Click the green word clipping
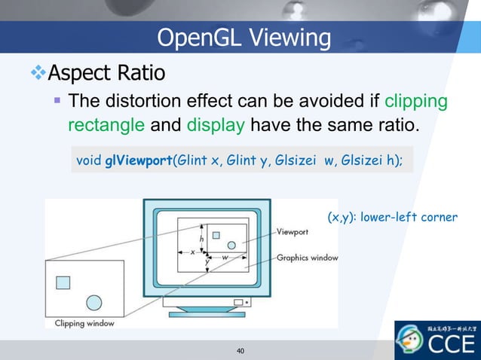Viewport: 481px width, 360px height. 415,101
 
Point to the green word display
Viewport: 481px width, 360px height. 215,124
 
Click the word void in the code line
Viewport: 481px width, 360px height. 88,160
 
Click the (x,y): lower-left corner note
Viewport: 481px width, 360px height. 391,217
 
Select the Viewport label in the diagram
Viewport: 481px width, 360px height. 296,232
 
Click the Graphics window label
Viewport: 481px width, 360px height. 307,258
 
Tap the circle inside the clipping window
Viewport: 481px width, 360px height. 93,302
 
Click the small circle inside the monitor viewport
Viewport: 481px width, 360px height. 231,244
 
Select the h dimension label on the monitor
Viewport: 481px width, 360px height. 201,239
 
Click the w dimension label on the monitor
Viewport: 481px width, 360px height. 225,257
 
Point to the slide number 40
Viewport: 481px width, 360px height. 240,351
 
